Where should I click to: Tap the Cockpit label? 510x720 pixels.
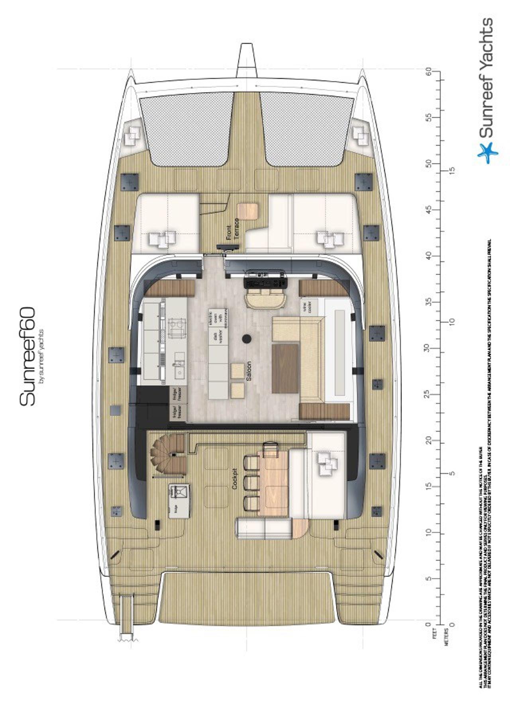(235, 478)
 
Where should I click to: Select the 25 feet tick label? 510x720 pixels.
(428, 394)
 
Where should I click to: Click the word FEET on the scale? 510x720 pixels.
(435, 633)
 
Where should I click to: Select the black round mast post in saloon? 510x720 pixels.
(247, 338)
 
